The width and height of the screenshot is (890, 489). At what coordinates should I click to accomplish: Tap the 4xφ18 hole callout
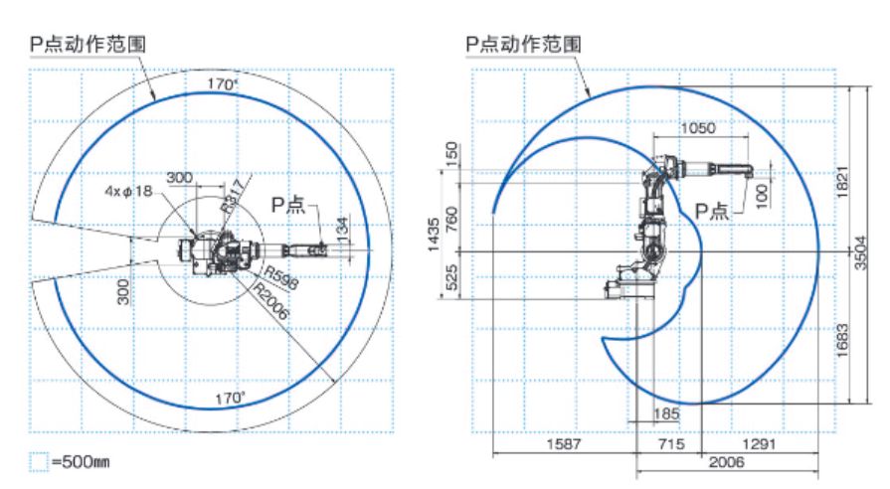129,191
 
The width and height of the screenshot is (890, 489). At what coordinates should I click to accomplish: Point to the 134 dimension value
341,229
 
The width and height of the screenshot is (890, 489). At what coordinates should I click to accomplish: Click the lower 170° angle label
230,398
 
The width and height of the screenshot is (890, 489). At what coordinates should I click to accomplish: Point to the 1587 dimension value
564,445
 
